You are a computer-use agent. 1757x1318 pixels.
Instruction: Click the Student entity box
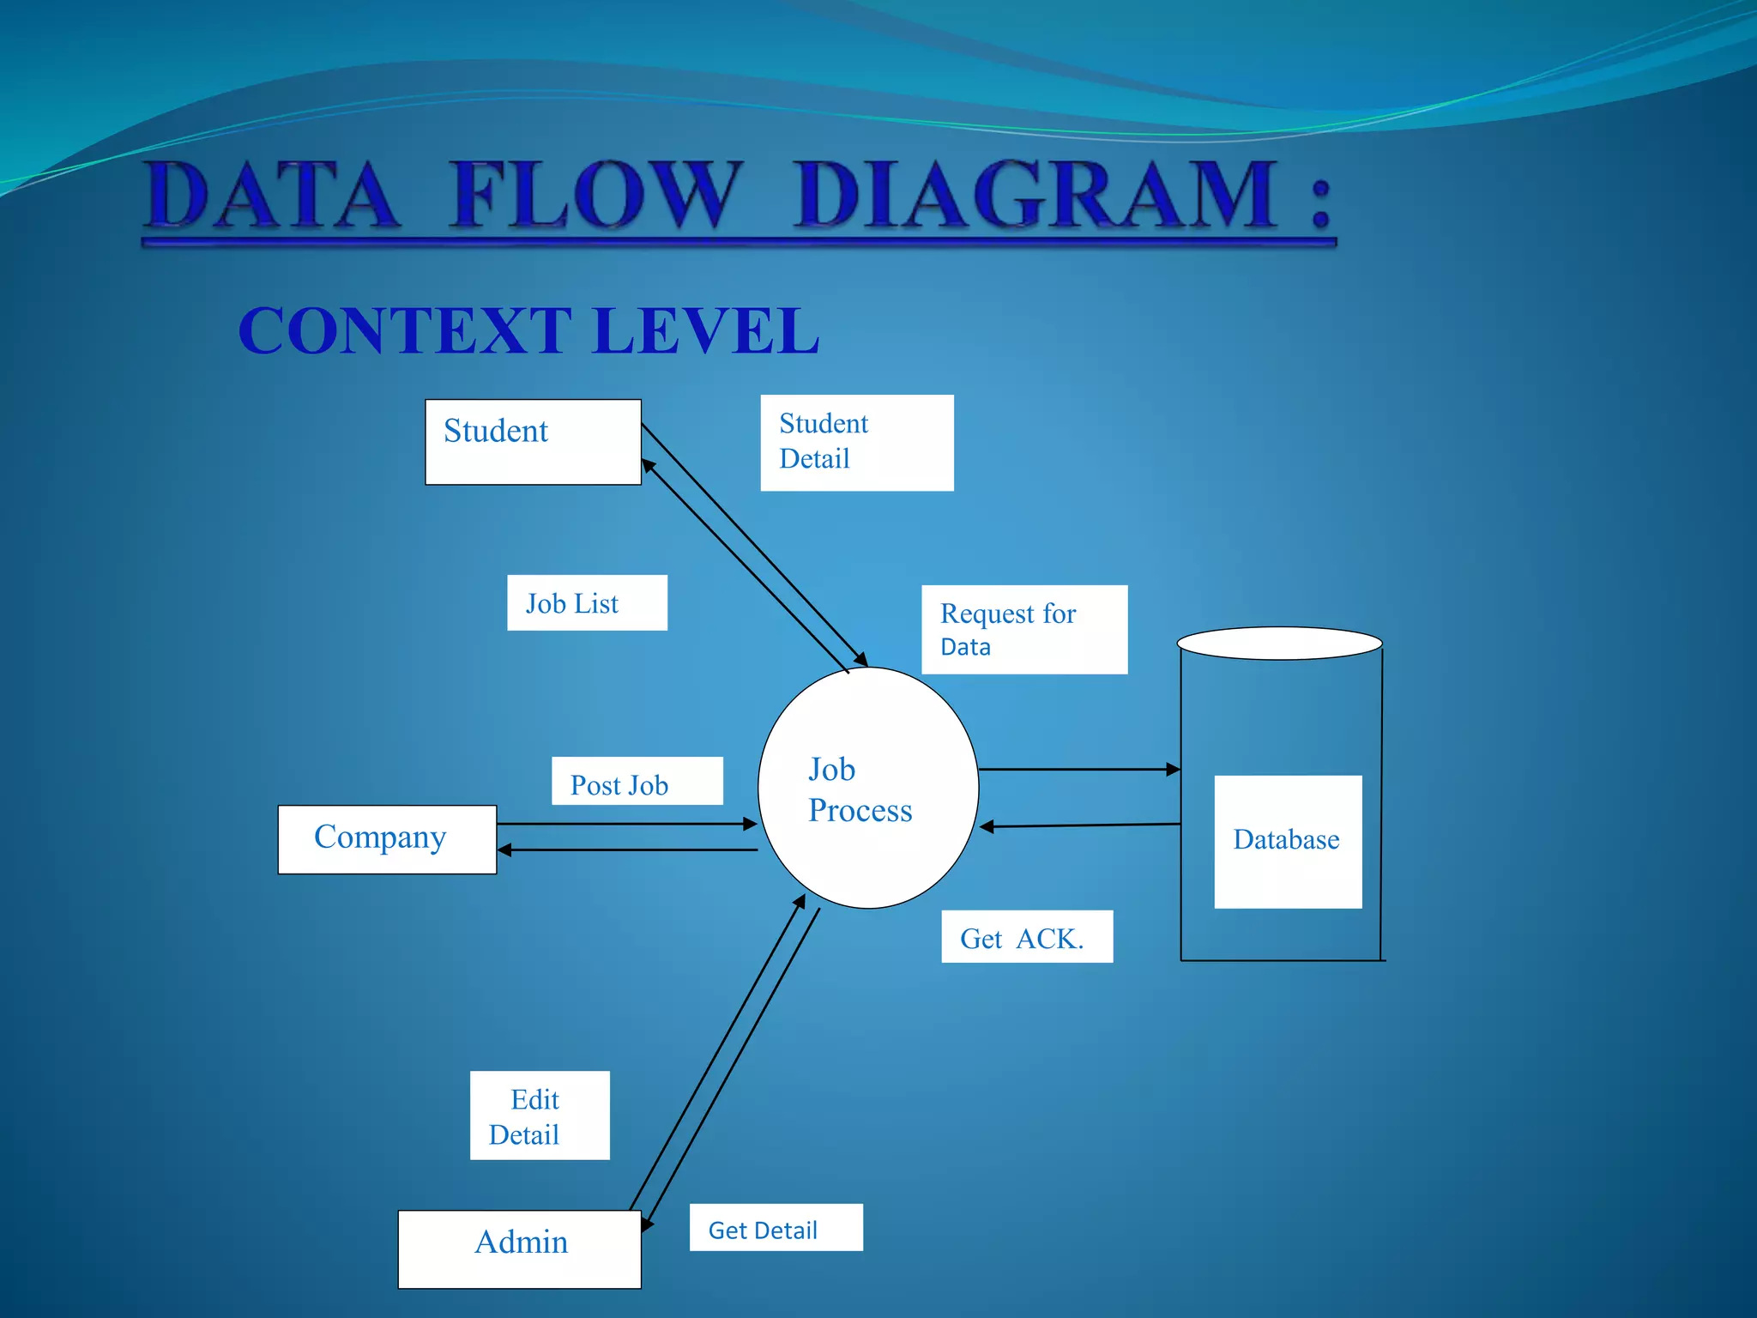coord(533,442)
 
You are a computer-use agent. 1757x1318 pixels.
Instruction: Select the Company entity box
coord(387,839)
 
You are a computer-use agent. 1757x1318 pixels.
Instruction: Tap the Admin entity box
coord(519,1248)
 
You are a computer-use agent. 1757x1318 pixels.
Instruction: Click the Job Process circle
coord(868,788)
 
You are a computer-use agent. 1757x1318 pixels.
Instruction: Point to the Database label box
coord(1288,841)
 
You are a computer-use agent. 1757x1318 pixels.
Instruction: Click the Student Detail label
coord(856,443)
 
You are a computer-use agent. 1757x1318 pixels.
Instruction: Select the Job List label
coord(587,603)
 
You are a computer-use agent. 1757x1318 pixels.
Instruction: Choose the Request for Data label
coord(1023,630)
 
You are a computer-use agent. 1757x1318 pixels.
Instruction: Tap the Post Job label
coord(637,782)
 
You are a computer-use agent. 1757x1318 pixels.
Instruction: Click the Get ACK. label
coord(1026,937)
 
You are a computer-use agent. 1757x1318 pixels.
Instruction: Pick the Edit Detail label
coord(540,1115)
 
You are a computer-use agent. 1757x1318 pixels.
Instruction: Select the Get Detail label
coord(776,1228)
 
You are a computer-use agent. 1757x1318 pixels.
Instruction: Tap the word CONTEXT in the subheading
coord(405,331)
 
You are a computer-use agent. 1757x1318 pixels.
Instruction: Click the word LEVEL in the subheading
coord(705,331)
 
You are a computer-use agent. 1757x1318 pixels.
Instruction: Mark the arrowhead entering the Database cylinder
coord(1173,770)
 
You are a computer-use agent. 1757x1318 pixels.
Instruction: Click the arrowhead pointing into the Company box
coord(505,849)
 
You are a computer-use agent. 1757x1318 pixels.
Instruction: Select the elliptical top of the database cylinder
coord(1279,644)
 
